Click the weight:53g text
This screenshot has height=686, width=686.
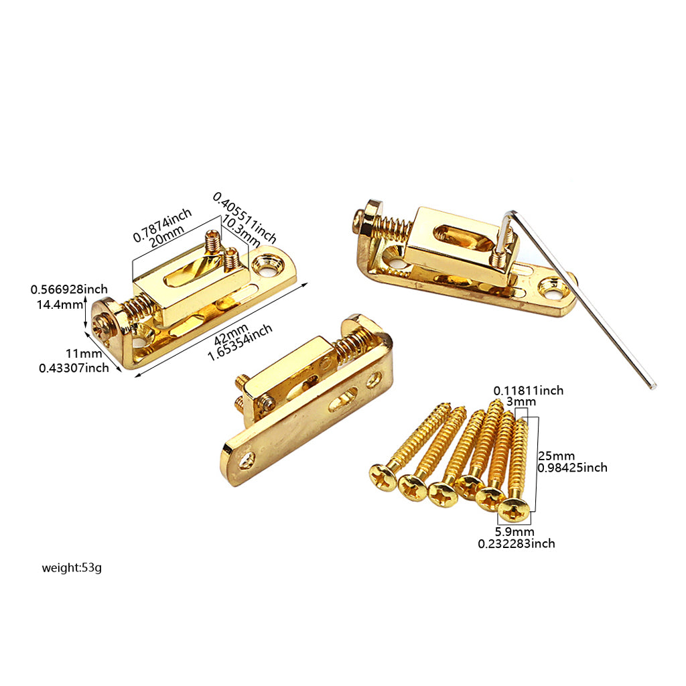[x=72, y=568]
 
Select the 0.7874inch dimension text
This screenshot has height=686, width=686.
[x=162, y=224]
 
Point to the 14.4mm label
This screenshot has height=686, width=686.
[x=60, y=305]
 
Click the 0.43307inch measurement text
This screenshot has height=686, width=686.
[x=74, y=368]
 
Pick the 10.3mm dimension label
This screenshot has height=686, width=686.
[x=241, y=230]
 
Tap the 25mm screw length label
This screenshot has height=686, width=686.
[x=557, y=456]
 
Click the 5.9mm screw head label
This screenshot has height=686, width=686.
[x=514, y=532]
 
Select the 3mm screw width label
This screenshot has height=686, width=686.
[x=521, y=402]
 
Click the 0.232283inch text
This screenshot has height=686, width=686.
[x=517, y=544]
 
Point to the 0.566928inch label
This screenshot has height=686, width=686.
[x=69, y=289]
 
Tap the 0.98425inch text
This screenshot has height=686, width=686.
[x=572, y=468]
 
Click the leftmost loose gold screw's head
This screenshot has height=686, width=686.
[x=383, y=478]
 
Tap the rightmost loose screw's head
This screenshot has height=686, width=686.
[x=513, y=510]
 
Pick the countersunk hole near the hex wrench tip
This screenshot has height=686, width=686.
[x=552, y=288]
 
